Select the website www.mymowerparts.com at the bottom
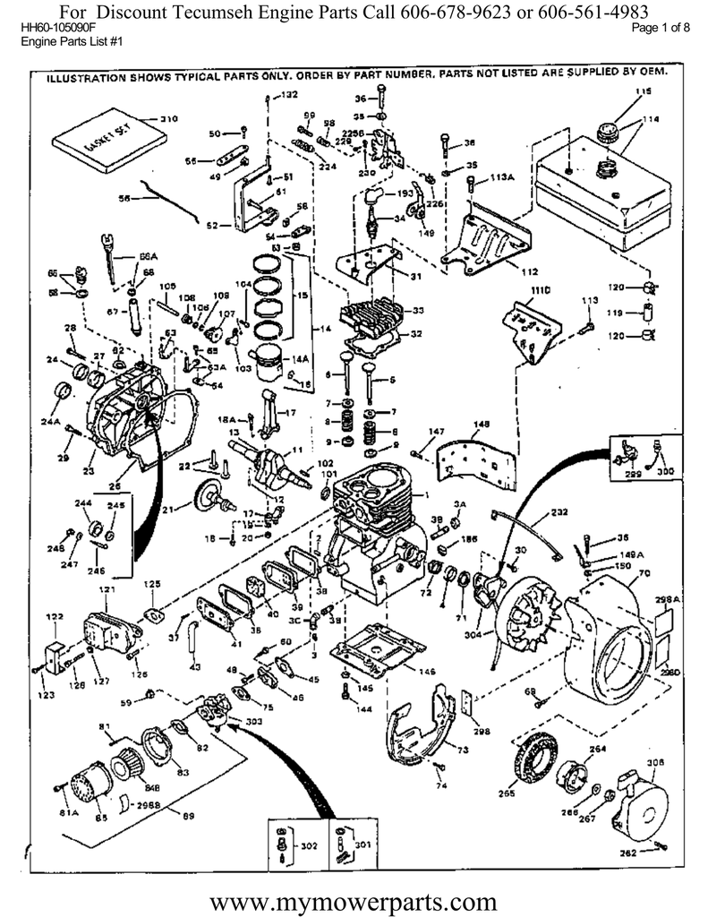pos(354,898)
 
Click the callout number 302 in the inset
pos(308,844)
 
